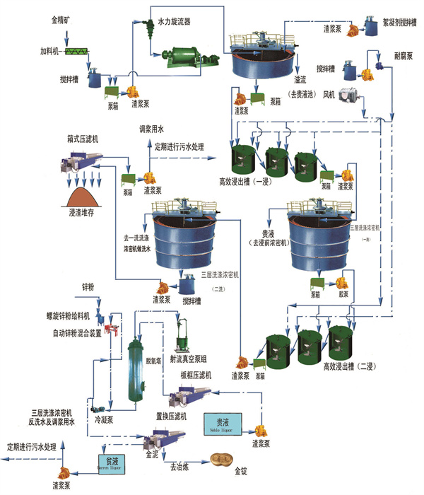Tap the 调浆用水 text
[151, 130]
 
